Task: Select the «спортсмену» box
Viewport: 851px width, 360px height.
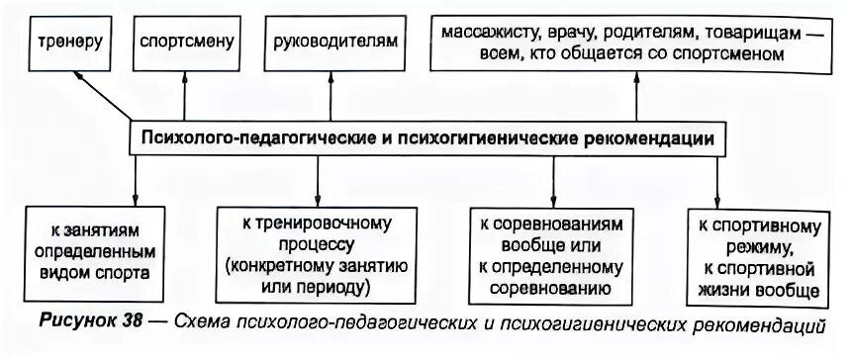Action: coord(186,44)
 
